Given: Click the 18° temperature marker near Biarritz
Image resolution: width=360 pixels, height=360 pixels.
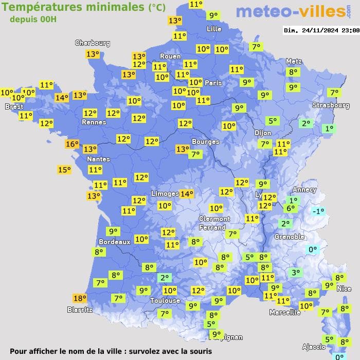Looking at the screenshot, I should (80, 298).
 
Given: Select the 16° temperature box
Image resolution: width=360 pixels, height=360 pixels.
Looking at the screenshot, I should (72, 144).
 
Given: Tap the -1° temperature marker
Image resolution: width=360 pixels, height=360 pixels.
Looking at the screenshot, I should (319, 211).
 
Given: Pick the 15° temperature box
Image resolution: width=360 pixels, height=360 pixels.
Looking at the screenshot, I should (64, 170).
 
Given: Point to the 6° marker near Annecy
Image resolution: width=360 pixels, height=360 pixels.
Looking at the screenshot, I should (291, 208).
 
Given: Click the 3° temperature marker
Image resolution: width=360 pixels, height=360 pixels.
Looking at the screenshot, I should (295, 273).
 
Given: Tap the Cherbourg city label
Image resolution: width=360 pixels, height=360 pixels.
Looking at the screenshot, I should (93, 43).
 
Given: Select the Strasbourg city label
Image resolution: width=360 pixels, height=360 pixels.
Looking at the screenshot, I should (331, 105).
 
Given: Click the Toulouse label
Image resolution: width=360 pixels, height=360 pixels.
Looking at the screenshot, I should (165, 300).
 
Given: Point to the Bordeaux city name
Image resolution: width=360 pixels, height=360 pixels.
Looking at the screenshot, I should (114, 242).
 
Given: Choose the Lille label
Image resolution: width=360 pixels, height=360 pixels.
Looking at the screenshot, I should (214, 29).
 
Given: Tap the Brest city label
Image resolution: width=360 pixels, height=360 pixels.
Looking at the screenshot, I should (14, 106).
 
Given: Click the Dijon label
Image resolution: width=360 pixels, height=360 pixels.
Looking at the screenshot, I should (262, 132).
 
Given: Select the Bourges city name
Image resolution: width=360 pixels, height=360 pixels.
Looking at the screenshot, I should (205, 141).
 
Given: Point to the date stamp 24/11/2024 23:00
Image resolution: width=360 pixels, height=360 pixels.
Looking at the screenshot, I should (321, 30).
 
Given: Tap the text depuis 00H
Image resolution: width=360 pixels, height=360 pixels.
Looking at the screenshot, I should (33, 19).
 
